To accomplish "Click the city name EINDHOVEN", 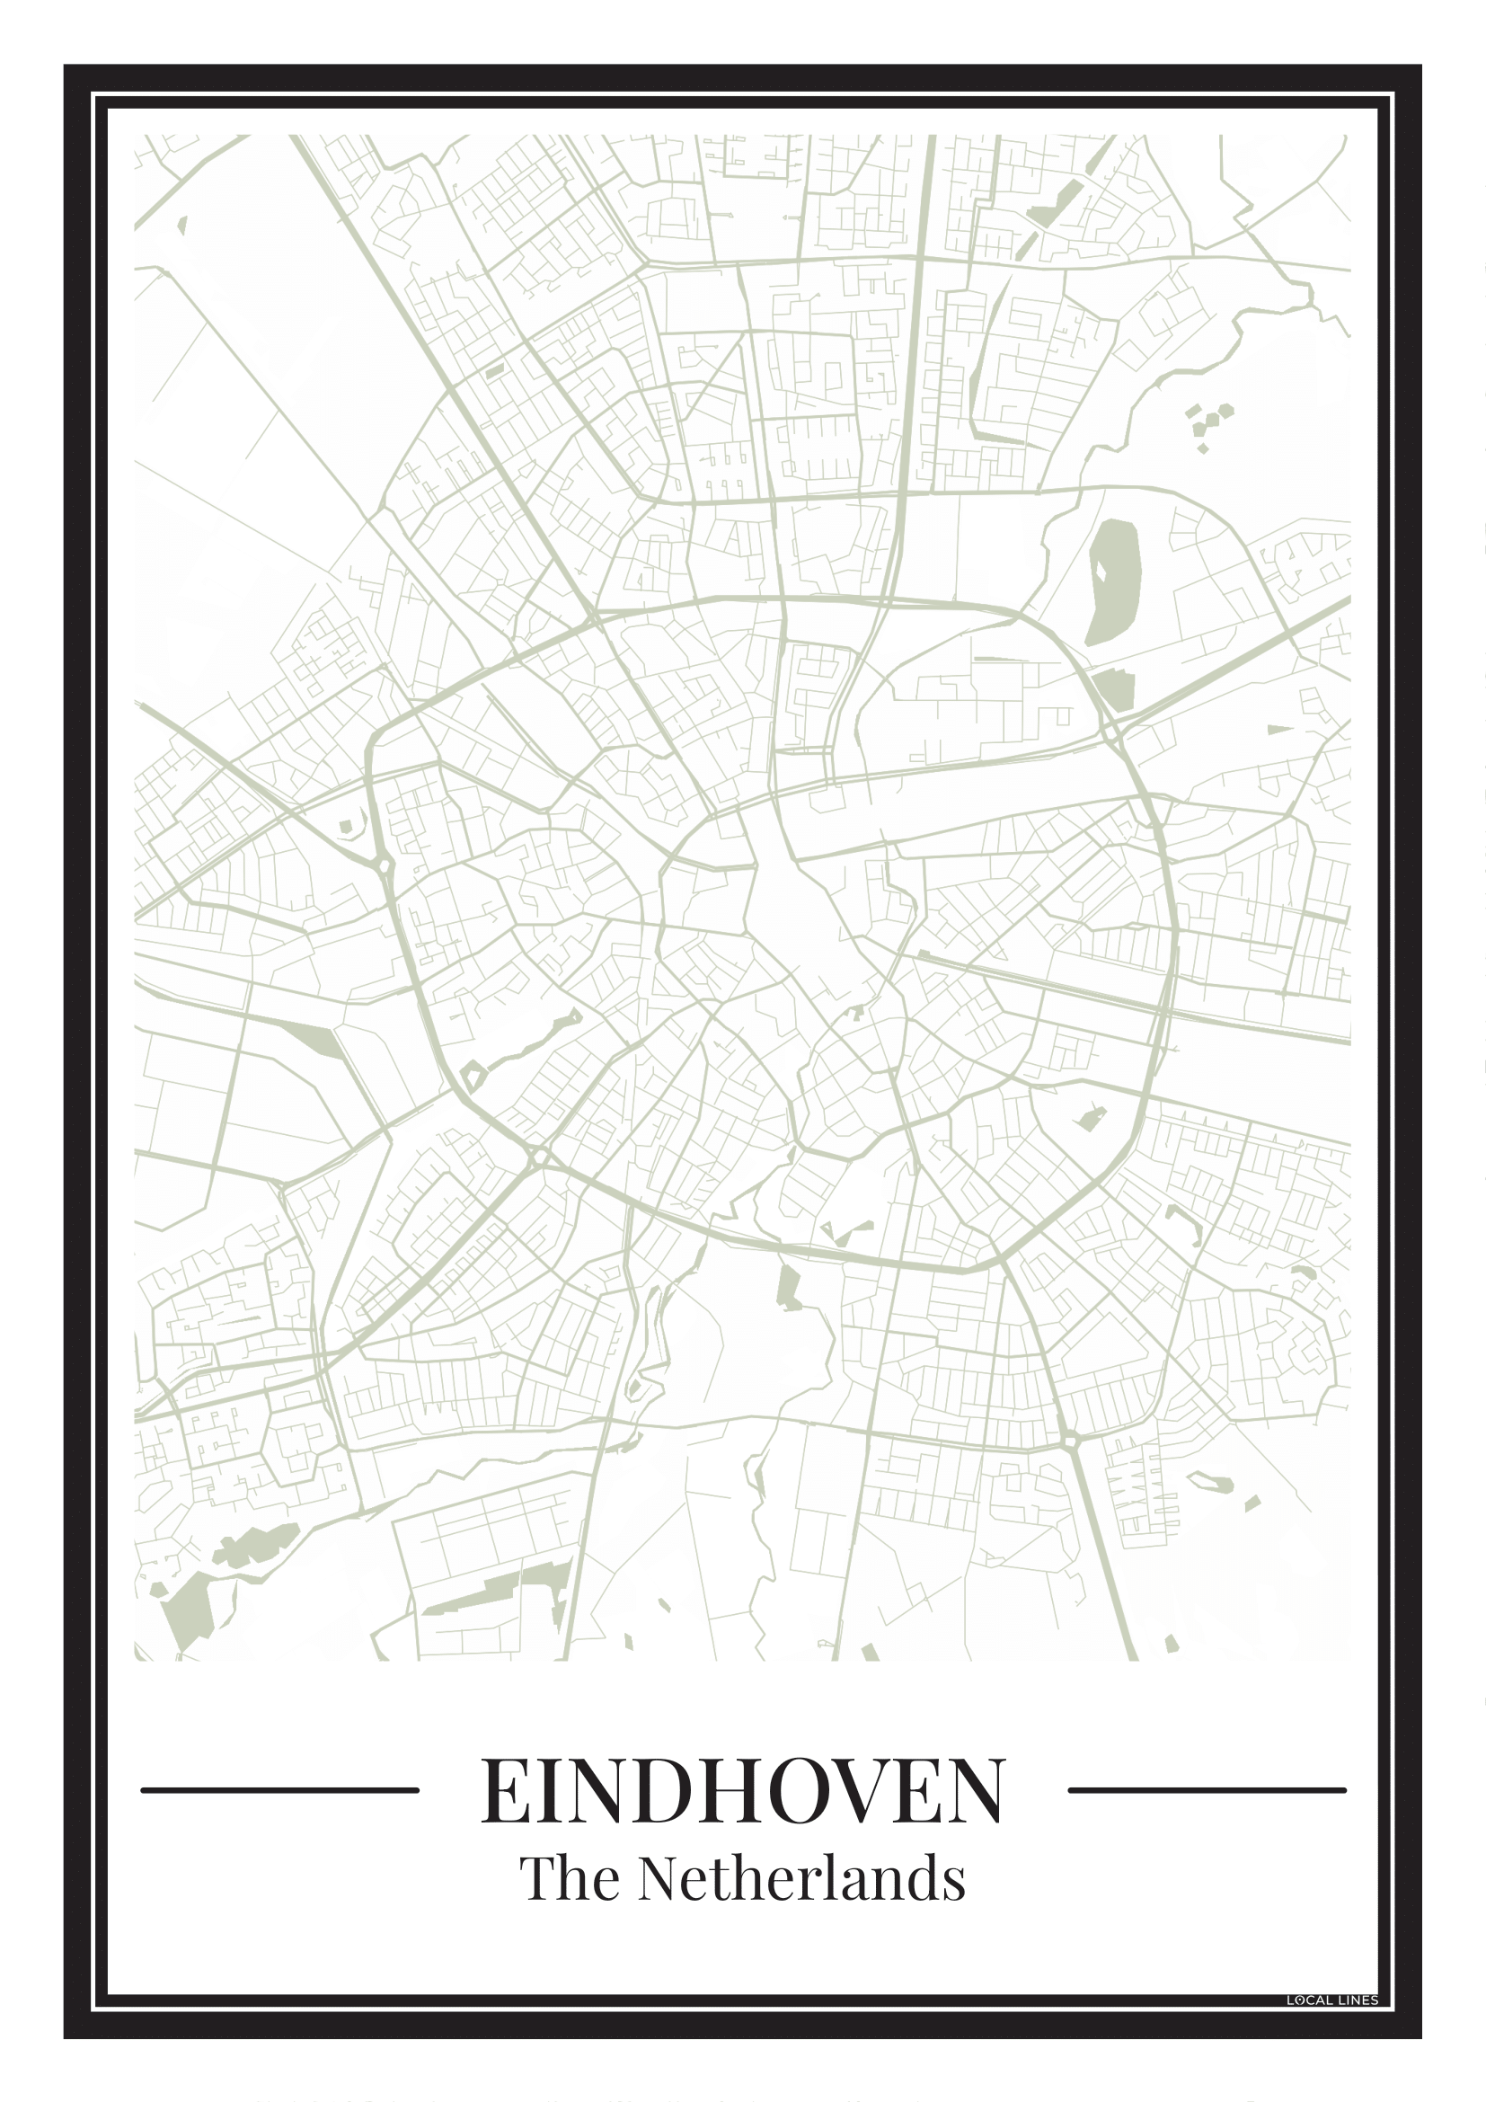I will tap(742, 1790).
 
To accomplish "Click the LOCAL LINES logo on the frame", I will tap(1331, 2000).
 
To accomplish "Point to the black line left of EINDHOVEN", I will tap(280, 1790).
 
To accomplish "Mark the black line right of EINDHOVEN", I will tap(1207, 1790).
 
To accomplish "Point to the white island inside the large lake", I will tap(1101, 570).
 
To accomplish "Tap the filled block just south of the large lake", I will tap(1114, 688).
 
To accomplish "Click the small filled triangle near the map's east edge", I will tap(1279, 730).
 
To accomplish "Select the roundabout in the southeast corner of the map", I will tap(1072, 1441).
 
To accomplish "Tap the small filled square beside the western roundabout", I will tap(346, 827).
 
